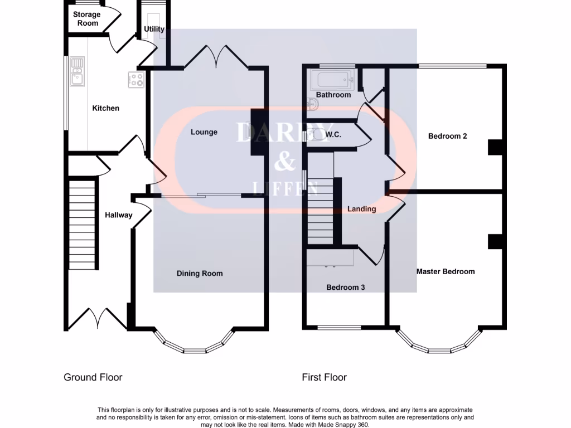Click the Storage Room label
point(86,19)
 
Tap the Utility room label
point(154,29)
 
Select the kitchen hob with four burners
point(137,79)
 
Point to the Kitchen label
point(105,108)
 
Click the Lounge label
point(204,132)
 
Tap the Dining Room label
point(200,273)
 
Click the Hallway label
point(118,215)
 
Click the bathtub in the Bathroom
point(333,80)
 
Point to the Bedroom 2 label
point(447,136)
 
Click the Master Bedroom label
point(446,271)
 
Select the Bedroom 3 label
point(345,288)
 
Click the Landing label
point(361,209)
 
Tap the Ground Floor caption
point(93,377)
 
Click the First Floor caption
point(324,377)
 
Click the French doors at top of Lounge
point(216,57)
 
